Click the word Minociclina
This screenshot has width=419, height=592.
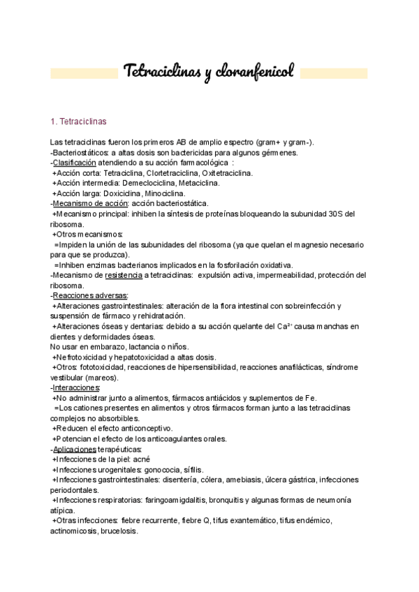point(166,193)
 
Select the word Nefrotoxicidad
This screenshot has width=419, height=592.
point(84,357)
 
